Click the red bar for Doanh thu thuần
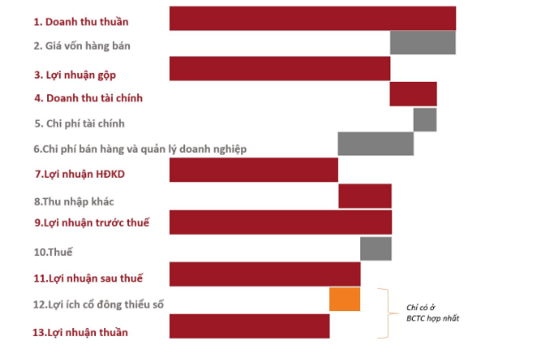coord(312,19)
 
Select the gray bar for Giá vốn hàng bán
coord(422,44)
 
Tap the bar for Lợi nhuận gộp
coord(279,69)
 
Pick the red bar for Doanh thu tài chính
coord(413,94)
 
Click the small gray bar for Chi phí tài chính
coord(424,120)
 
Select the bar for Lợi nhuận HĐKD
coord(253,170)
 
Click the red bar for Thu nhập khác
coord(365,196)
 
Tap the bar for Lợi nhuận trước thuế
coord(280,221)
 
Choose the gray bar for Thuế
coord(375,248)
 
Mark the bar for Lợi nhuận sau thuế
coord(264,274)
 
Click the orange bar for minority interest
coord(344,300)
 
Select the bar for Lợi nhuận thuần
coord(249,326)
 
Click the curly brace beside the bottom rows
coord(383,313)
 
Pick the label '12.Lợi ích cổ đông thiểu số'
coord(98,305)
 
